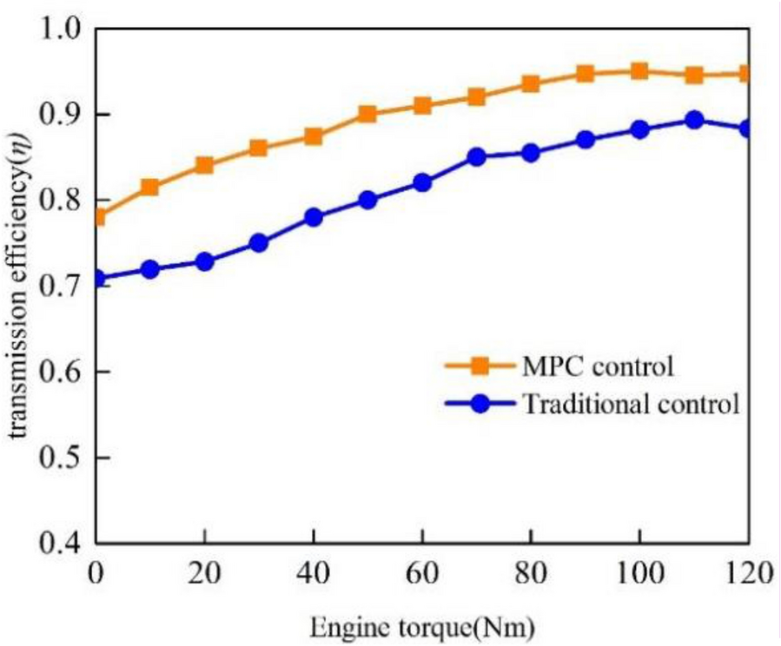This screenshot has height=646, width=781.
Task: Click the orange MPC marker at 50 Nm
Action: click(x=367, y=115)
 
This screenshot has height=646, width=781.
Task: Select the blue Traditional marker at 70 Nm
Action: click(x=476, y=157)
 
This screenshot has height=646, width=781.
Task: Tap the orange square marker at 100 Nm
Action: click(x=639, y=71)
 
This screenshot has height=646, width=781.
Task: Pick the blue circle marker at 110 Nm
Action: click(x=694, y=120)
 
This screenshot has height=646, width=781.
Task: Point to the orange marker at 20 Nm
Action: click(x=204, y=165)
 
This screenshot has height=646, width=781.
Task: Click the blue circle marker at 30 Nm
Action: click(x=258, y=243)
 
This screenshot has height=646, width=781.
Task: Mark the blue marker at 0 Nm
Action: click(x=96, y=279)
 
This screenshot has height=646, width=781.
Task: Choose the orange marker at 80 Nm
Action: click(x=531, y=84)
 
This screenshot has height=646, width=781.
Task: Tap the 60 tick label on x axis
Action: click(x=421, y=573)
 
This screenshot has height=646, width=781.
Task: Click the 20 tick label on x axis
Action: click(x=204, y=573)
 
